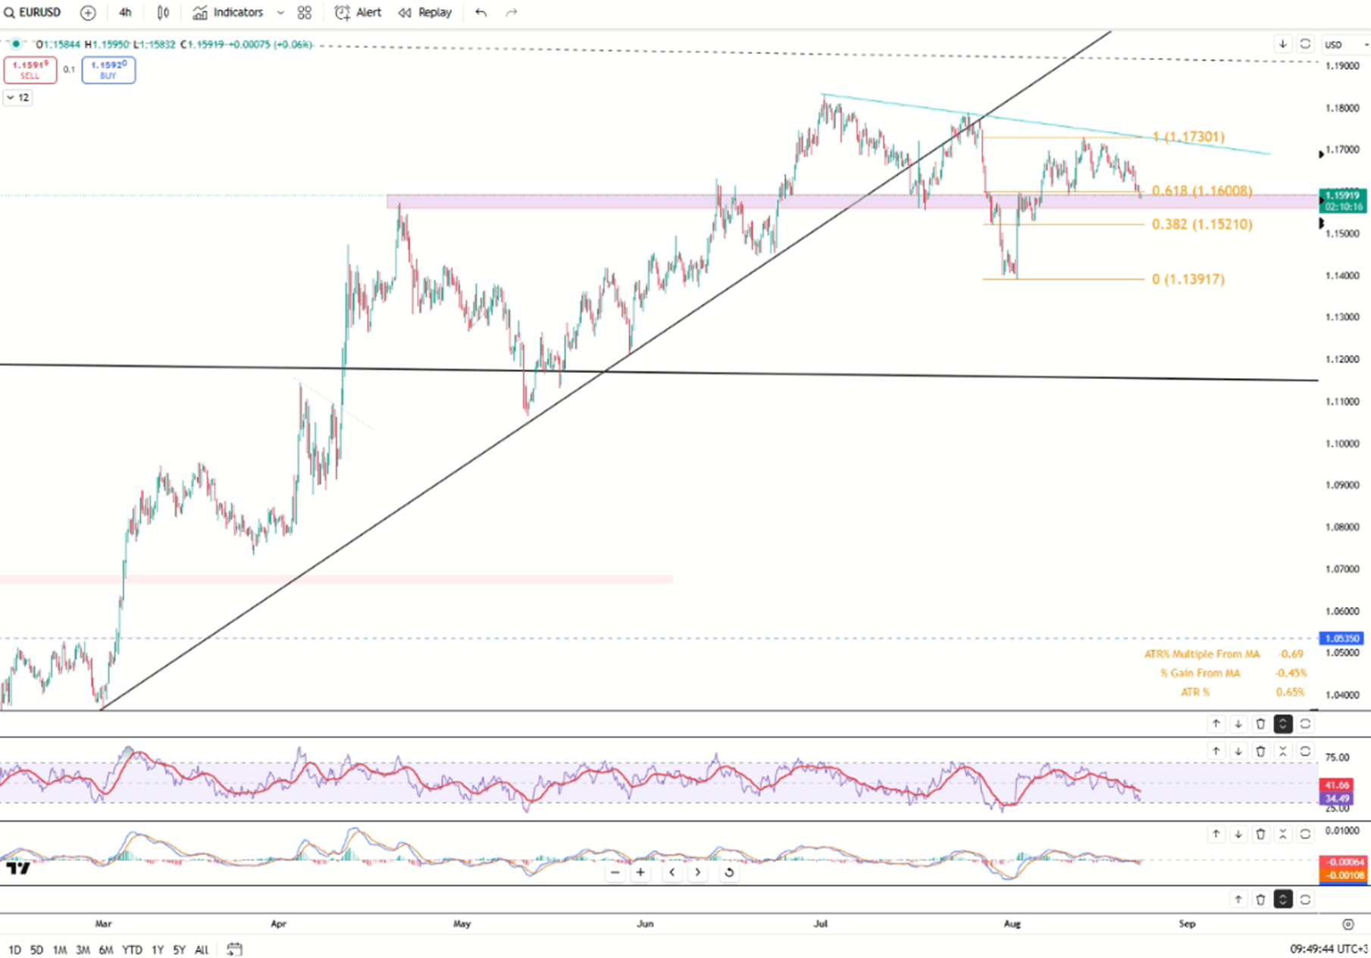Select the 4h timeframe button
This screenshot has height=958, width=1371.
(125, 12)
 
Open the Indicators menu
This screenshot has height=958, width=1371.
(229, 12)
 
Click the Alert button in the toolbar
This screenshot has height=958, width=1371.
(358, 12)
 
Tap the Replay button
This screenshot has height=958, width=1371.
(425, 12)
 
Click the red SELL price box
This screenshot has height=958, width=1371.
(30, 70)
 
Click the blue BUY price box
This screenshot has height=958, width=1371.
(108, 70)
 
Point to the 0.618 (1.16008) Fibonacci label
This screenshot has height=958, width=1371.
(1201, 191)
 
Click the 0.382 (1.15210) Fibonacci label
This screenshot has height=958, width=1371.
(1201, 224)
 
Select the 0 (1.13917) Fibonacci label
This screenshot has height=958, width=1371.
(1188, 280)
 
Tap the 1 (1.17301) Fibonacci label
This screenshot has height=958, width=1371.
(1188, 137)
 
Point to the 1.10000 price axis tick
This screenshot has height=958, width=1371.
(1343, 443)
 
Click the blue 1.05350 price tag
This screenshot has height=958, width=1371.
(1342, 638)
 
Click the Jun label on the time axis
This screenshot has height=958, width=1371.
(645, 924)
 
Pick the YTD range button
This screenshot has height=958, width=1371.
(132, 950)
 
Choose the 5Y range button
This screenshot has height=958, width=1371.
(179, 950)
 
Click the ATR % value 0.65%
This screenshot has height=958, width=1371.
(1289, 692)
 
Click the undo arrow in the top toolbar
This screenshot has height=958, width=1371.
(480, 12)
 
